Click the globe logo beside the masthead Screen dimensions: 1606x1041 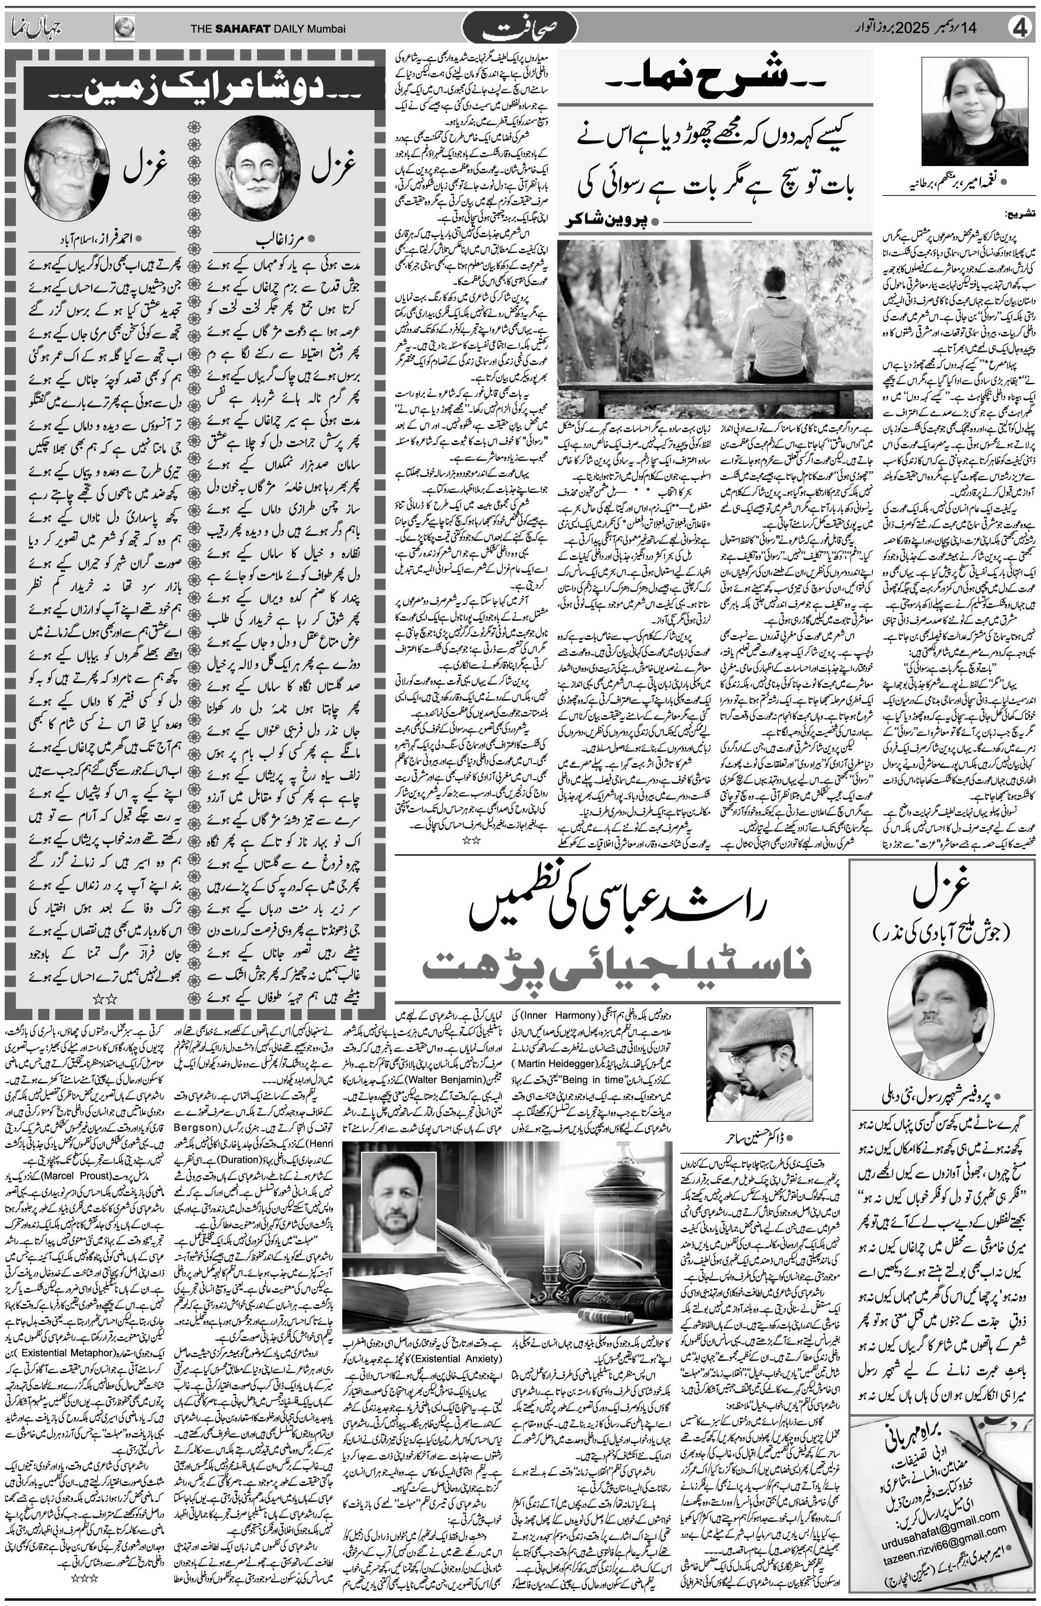[x=124, y=28]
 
